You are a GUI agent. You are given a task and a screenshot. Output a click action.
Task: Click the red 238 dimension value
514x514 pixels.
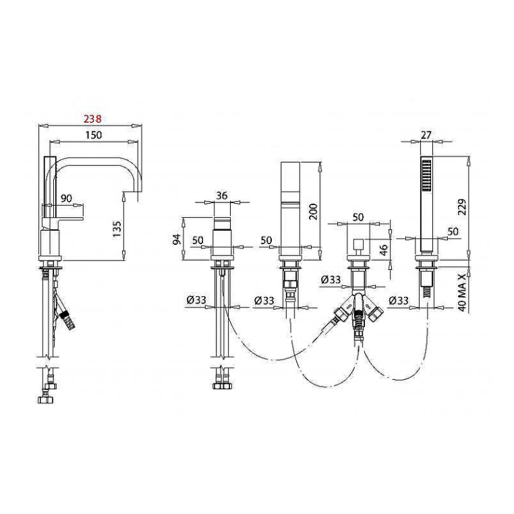pyautogui.click(x=92, y=119)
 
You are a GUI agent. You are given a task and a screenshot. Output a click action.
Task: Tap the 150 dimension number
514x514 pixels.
pyautogui.click(x=94, y=135)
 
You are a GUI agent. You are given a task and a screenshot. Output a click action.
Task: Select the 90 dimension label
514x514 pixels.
pyautogui.click(x=66, y=198)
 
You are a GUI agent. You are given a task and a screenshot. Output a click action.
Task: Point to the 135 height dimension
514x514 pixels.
pyautogui.click(x=117, y=229)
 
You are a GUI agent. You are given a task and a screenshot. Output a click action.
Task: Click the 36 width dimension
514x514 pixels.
pyautogui.click(x=222, y=196)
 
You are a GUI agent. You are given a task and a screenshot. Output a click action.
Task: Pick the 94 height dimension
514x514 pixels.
pyautogui.click(x=177, y=239)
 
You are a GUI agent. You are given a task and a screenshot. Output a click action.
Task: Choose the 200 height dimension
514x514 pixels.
pyautogui.click(x=313, y=212)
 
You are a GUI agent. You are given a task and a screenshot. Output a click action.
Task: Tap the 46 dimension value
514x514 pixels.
pyautogui.click(x=384, y=249)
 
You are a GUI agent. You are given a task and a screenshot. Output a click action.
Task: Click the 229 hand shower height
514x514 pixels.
pyautogui.click(x=462, y=207)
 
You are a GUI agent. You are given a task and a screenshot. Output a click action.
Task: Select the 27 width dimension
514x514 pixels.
pyautogui.click(x=426, y=135)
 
